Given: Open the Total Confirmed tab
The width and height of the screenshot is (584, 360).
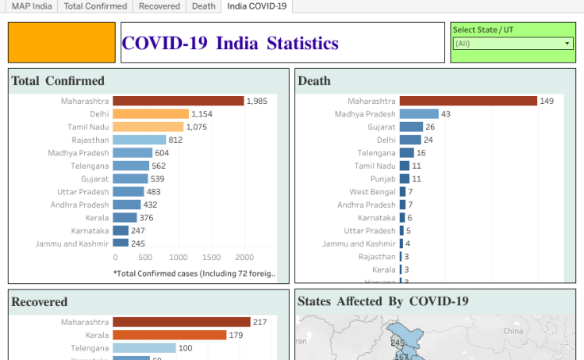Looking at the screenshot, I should pos(95,6).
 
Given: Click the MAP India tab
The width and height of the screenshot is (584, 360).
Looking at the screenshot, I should pos(32,6).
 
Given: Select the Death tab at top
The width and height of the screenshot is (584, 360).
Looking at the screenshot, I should pos(203,6).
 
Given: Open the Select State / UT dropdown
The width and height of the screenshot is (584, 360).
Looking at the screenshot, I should pos(513,44).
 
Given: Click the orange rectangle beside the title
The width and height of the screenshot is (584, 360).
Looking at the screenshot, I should pos(62,43).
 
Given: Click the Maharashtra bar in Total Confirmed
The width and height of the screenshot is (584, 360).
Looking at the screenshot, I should pos(178,101).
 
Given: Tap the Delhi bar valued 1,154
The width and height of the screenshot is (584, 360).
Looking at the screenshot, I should pos(151,114).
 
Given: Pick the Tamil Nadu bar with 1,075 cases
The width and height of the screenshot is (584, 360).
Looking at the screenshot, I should pos(148,127).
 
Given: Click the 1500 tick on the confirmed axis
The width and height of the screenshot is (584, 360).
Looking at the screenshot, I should pos(212,258).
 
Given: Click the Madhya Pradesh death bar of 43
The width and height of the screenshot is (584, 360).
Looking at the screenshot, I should pos(419,114).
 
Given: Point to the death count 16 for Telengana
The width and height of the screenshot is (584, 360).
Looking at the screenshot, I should pos(421,153).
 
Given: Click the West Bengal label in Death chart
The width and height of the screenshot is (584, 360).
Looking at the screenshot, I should pos(372,192).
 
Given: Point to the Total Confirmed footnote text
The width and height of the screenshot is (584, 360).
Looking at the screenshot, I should pos(195,274).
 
